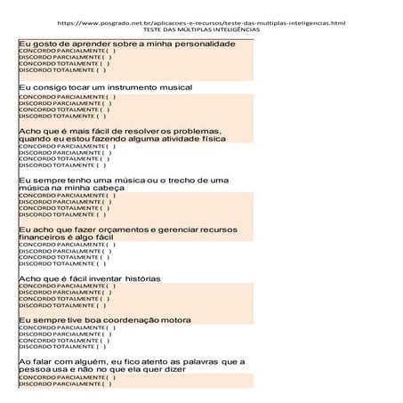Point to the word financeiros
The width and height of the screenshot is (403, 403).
pos(45,238)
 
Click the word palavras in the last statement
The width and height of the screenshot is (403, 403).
pos(195,361)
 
